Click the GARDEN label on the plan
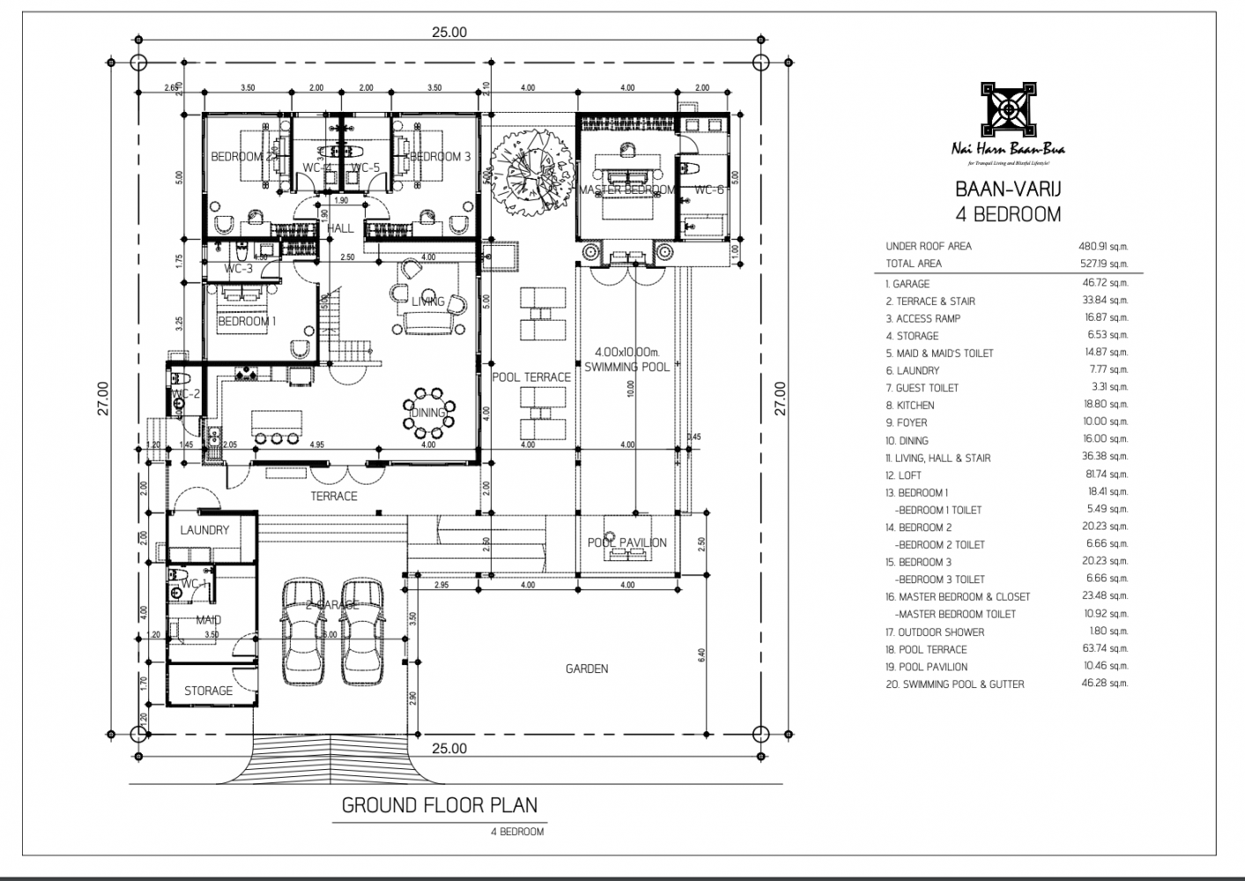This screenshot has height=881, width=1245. pyautogui.click(x=587, y=669)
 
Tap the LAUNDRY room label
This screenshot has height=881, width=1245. pyautogui.click(x=204, y=530)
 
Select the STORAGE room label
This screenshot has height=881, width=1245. pyautogui.click(x=209, y=691)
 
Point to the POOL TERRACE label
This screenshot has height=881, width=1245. pyautogui.click(x=531, y=377)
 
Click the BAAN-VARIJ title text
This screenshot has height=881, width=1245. pyautogui.click(x=1007, y=189)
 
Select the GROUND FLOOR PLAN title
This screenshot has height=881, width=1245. pyautogui.click(x=439, y=804)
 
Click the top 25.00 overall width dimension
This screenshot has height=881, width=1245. pyautogui.click(x=448, y=33)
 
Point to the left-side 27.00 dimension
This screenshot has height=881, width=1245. pyautogui.click(x=103, y=397)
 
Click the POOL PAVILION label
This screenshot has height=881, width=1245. pyautogui.click(x=627, y=543)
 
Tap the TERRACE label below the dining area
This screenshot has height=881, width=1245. pyautogui.click(x=334, y=496)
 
